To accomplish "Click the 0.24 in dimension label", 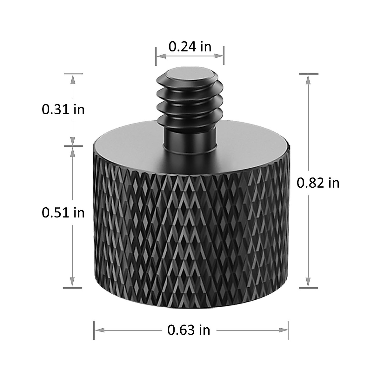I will coord(190,47).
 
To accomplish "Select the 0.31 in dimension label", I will coord(63,110).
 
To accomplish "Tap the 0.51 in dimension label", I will coord(63,213).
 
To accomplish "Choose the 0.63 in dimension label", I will coord(189,330).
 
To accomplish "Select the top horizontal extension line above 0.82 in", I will coord(309,74).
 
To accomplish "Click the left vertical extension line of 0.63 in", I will coord(94,330).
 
